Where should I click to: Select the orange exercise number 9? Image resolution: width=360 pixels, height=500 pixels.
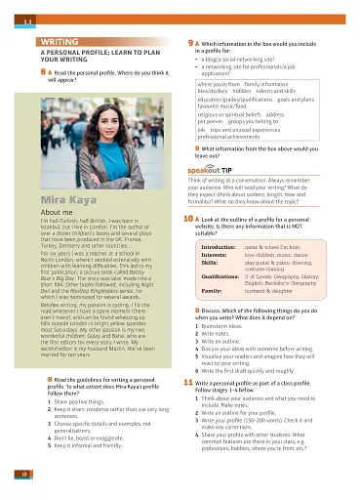point(188,44)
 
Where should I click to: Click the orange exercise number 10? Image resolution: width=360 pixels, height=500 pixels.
point(189,220)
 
